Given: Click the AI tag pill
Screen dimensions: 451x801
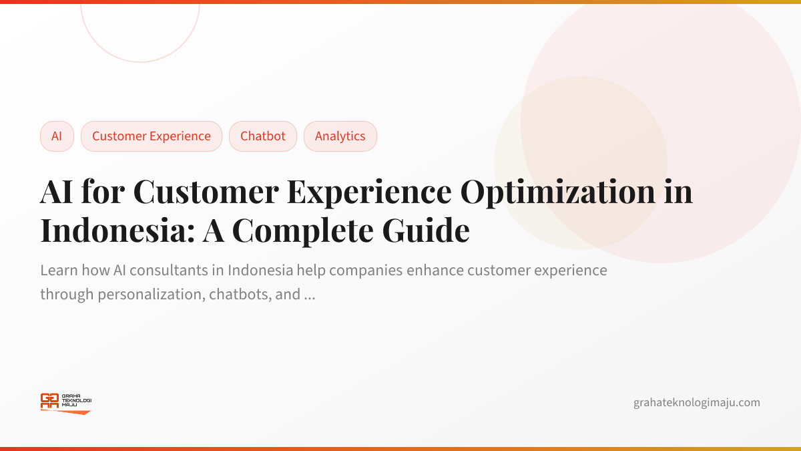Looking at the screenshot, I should point(57,136).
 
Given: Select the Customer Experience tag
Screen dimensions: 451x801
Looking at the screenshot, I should point(151,136).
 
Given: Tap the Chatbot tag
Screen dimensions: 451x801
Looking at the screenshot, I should point(262,136).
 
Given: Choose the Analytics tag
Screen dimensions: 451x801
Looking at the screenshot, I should point(340,136).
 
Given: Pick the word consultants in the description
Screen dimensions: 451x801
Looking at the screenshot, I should point(188,271).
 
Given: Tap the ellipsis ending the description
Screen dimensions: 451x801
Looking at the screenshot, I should point(309,295).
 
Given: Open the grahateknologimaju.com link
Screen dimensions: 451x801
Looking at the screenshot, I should point(696,402).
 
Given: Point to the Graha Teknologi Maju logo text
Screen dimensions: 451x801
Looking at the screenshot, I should point(76,400).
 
